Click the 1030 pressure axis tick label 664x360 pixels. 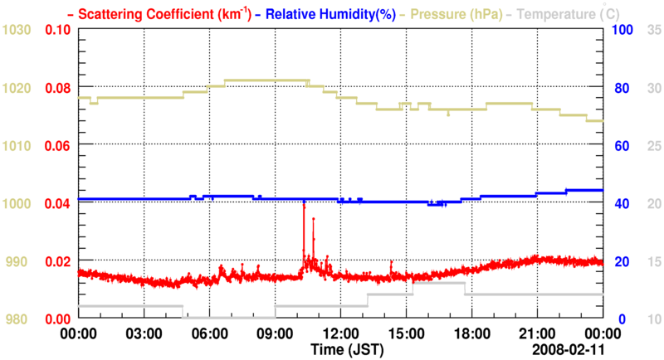pyautogui.click(x=17, y=30)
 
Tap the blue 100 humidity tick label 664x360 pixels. pyautogui.click(x=622, y=30)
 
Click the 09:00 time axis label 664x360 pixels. pyautogui.click(x=275, y=334)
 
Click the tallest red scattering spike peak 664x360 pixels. pyautogui.click(x=304, y=202)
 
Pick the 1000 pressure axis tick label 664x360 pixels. pyautogui.click(x=17, y=204)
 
